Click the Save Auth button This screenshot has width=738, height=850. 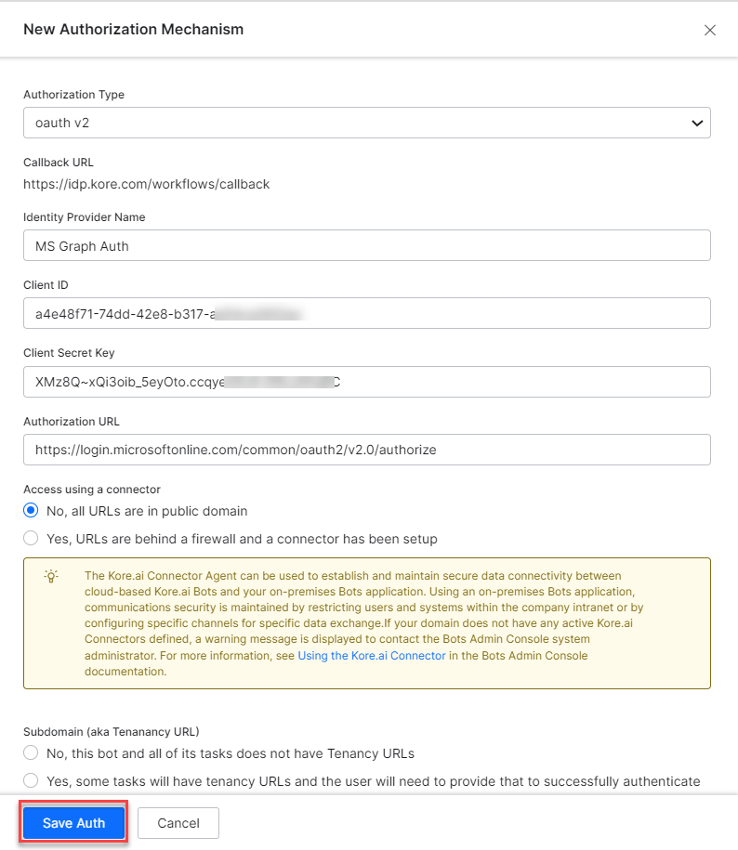73,823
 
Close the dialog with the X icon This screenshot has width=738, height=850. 710,30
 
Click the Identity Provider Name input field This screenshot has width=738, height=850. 366,245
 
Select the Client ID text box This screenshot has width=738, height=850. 366,313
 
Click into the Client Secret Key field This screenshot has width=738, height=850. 366,381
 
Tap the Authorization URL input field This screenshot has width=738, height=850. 366,450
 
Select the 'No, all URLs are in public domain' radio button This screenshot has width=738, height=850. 32,511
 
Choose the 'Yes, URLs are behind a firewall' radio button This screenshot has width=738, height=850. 32,539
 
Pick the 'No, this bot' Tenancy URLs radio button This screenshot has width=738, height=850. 32,753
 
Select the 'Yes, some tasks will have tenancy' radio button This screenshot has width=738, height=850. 32,781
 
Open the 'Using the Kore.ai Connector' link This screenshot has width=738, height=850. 372,656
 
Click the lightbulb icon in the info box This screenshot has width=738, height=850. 51,576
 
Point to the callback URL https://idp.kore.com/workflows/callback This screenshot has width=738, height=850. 147,184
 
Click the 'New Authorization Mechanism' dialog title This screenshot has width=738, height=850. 133,30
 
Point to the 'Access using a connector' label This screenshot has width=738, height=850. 92,490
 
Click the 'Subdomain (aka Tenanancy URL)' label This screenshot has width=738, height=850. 112,732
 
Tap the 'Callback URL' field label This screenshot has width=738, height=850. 59,163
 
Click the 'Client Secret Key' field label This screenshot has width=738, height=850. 69,353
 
